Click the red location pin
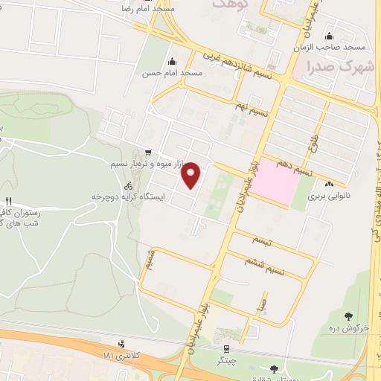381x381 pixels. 192,175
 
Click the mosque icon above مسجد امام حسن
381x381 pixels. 173,62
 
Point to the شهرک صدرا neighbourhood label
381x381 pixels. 332,66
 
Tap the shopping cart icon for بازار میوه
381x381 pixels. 149,152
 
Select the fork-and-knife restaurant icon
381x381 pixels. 9,201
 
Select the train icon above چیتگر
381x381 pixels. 225,348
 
